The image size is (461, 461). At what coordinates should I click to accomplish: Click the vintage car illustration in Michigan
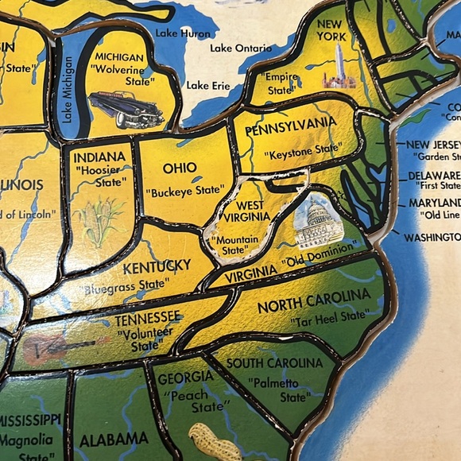(126, 109)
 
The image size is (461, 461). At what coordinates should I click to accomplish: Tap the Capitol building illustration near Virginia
(317, 221)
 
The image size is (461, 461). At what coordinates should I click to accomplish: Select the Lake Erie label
(208, 85)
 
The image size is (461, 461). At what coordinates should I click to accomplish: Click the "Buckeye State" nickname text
(184, 192)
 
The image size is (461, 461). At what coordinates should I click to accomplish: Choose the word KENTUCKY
(157, 265)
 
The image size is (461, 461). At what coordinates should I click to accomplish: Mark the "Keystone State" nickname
(303, 150)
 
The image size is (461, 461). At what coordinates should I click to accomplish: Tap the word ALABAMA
(113, 439)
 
